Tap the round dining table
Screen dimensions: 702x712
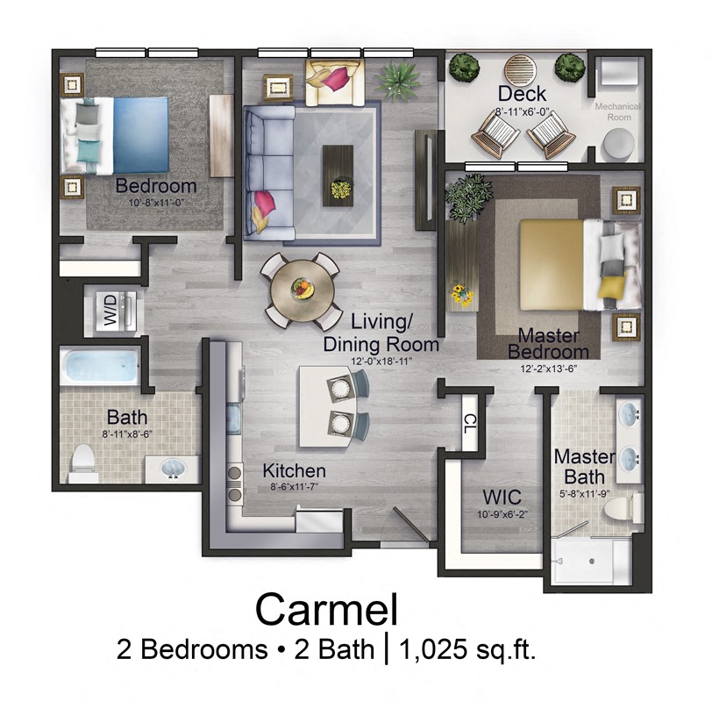(x=303, y=289)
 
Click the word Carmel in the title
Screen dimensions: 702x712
(x=325, y=609)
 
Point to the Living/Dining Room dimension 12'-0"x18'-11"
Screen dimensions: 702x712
(x=381, y=361)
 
